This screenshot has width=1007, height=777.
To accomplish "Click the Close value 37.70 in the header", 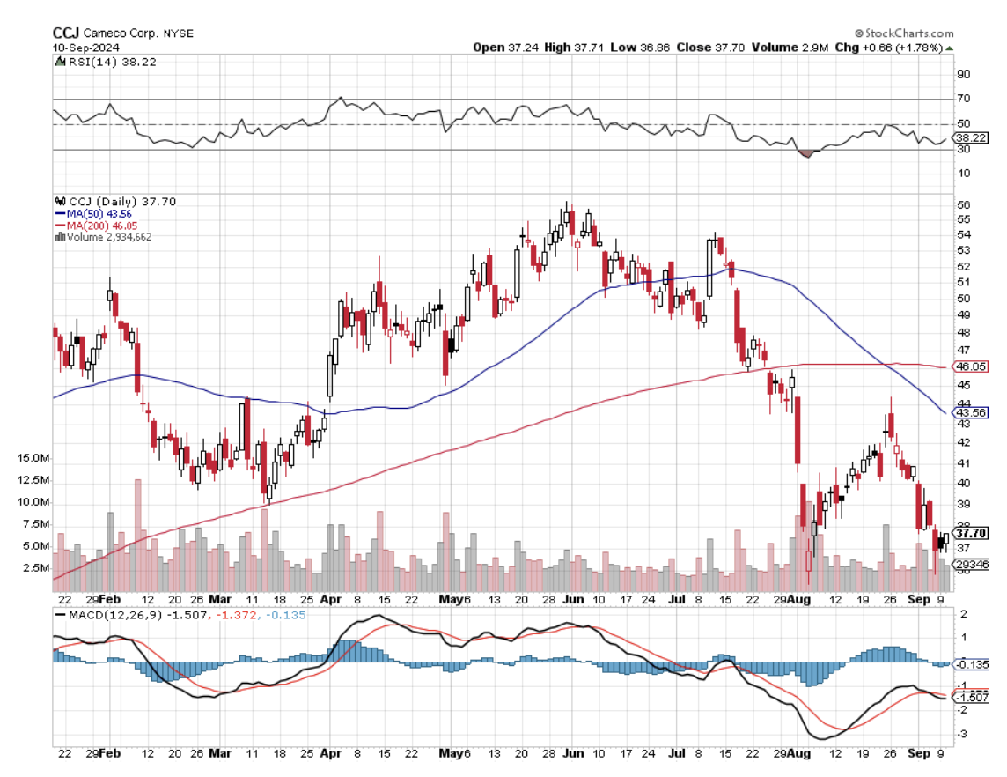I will (724, 47).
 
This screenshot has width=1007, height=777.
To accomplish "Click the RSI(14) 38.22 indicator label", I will (96, 62).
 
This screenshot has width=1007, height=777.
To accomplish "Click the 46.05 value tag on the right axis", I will (970, 366).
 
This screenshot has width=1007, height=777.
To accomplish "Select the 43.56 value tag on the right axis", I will (970, 412).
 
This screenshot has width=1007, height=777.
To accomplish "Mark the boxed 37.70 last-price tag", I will (971, 533).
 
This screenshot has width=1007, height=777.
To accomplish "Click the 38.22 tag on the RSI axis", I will (970, 138).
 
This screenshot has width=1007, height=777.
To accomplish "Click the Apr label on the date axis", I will (330, 753).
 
